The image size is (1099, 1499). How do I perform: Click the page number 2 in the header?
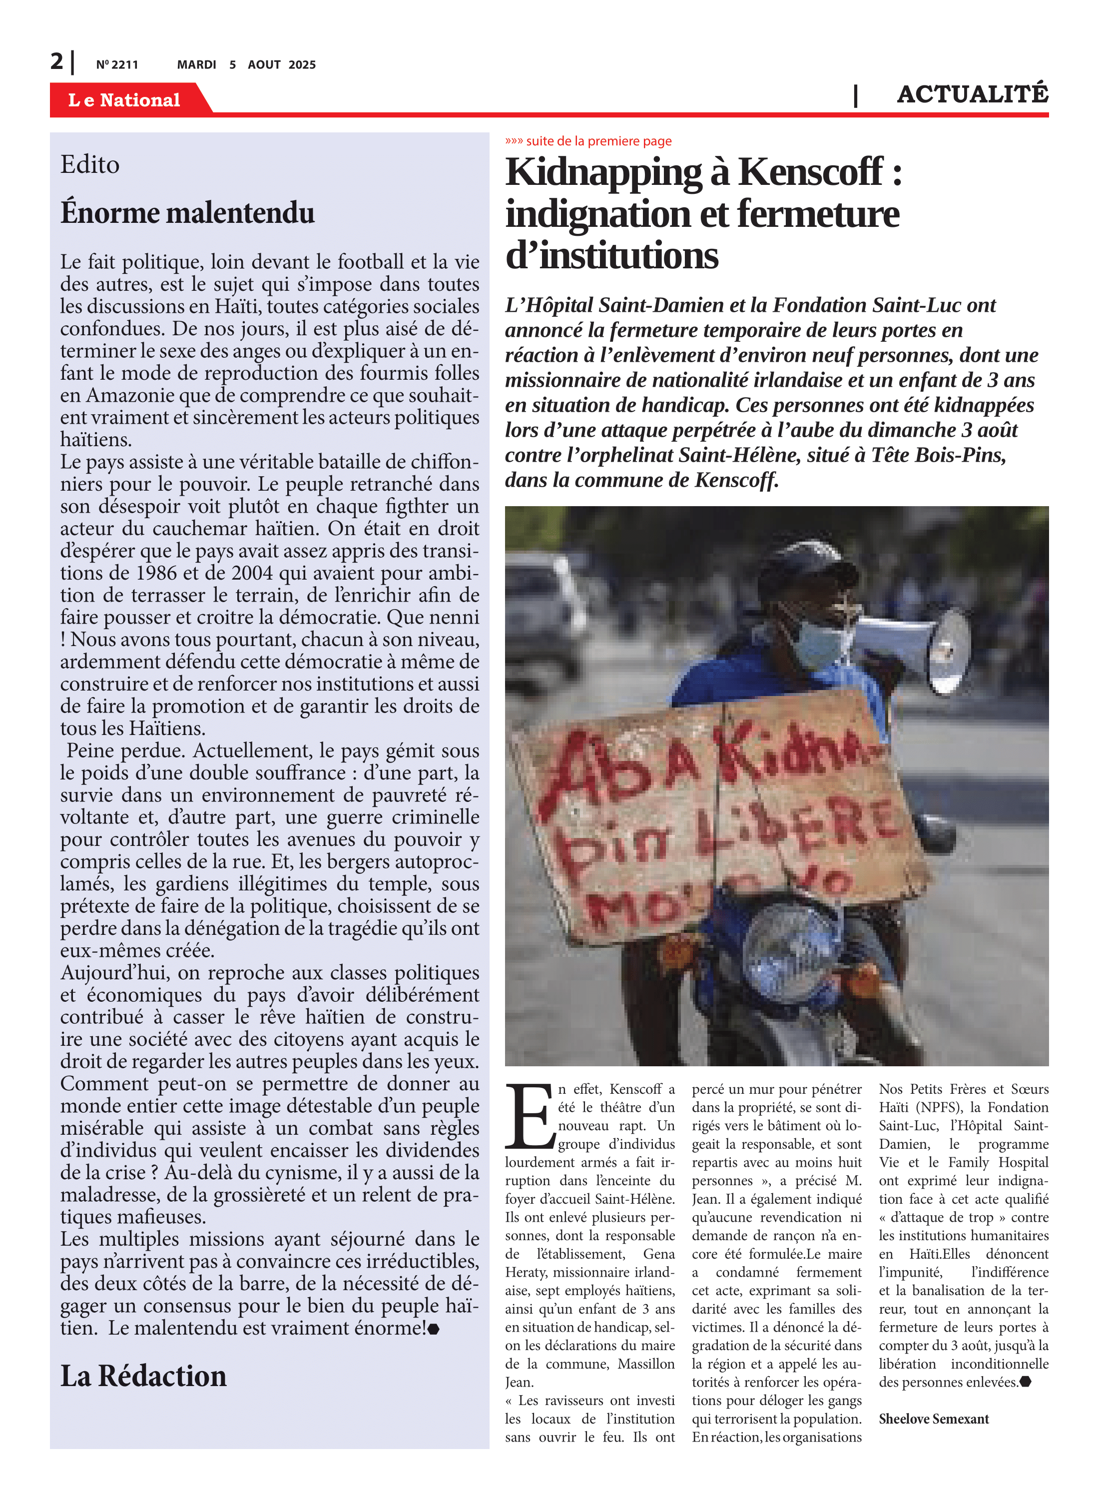[56, 62]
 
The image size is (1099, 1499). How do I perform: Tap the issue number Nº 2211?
[117, 64]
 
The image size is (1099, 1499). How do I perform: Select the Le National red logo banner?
[125, 100]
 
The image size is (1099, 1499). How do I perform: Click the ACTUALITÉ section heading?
[972, 94]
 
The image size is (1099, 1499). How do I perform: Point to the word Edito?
[90, 164]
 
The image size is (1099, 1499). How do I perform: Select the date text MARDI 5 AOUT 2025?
[246, 64]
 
